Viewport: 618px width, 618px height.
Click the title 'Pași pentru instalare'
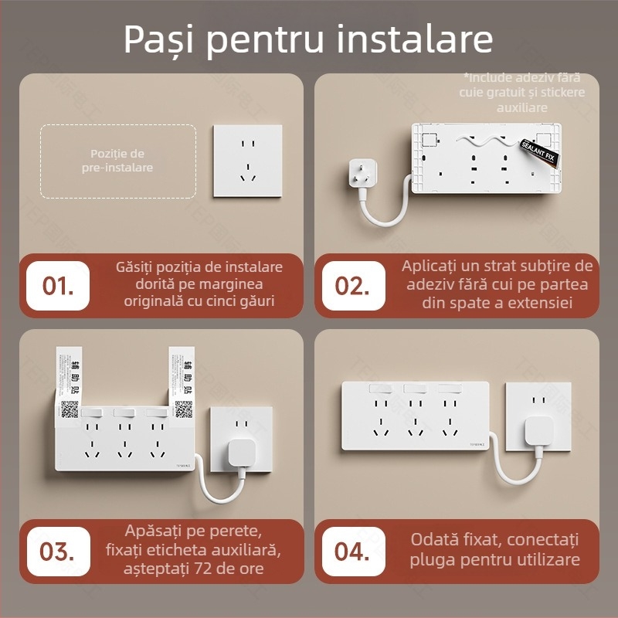pyautogui.click(x=308, y=39)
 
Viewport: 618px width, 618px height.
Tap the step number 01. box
pyautogui.click(x=59, y=286)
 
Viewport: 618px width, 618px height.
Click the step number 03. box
pyautogui.click(x=58, y=552)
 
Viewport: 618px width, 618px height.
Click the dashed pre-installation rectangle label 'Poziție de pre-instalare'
pyautogui.click(x=117, y=161)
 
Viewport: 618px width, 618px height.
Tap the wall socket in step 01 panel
pyautogui.click(x=247, y=161)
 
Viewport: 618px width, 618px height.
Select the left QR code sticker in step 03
pyautogui.click(x=70, y=409)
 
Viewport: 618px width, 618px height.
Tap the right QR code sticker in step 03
pyautogui.click(x=183, y=409)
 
